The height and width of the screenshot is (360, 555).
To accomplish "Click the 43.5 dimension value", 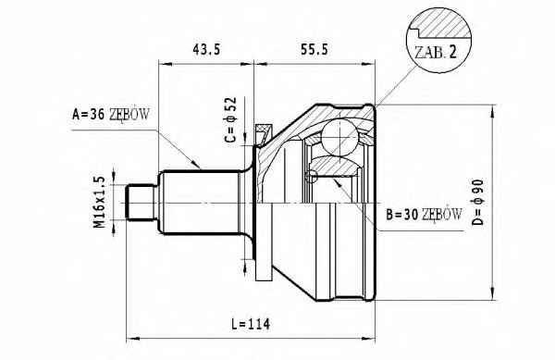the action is (206, 49).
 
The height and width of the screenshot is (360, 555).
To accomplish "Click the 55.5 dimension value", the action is (314, 49).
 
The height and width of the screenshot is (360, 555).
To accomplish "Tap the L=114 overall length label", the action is (251, 324).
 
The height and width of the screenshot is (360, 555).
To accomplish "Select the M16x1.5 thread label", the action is (100, 202).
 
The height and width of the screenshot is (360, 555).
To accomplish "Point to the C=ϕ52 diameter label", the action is (230, 119).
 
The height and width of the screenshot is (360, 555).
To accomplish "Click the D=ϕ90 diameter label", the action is (478, 202).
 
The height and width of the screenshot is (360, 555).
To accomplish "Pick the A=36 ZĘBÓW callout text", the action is (111, 115).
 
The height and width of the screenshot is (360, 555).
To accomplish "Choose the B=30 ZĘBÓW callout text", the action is (424, 214).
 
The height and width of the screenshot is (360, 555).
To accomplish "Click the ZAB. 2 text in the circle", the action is (436, 53).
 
